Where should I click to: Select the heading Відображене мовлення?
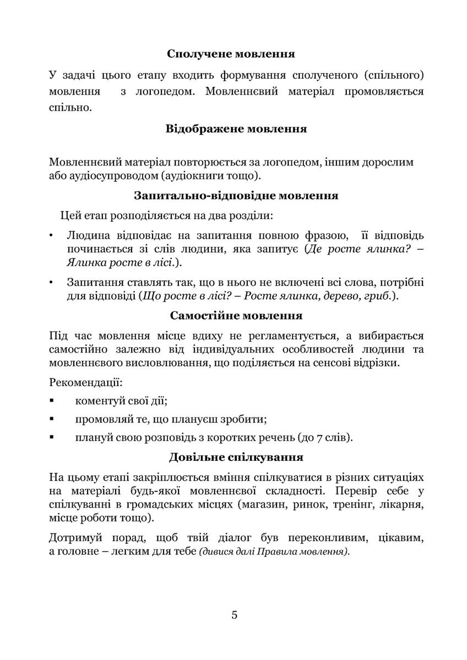coord(236,129)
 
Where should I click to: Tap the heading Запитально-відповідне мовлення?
coord(236,195)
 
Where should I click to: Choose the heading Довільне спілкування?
coord(236,457)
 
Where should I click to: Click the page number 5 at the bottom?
coord(235,615)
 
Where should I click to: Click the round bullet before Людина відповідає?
coord(51,236)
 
